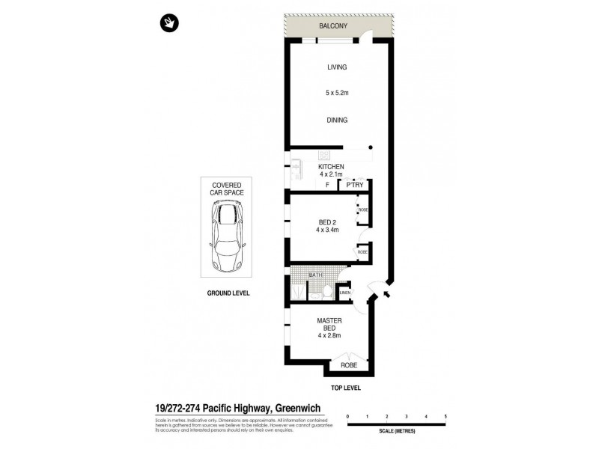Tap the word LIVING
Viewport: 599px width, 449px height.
(337, 67)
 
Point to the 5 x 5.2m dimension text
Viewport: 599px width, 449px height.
(337, 93)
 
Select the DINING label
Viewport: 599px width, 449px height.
(337, 120)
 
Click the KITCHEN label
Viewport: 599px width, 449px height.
(331, 166)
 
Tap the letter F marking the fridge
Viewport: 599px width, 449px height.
(327, 184)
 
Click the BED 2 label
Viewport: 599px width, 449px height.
(327, 221)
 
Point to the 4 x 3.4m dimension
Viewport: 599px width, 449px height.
(327, 230)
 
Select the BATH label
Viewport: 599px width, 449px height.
(316, 275)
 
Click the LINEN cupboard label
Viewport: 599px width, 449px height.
(345, 293)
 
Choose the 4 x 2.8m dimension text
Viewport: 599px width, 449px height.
(329, 336)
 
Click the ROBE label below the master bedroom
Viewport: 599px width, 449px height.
(348, 366)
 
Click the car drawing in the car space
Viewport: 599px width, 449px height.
(227, 237)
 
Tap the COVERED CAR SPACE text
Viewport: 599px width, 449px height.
(227, 188)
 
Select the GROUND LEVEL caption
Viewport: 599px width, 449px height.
(228, 293)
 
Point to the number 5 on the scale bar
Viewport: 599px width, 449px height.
(446, 415)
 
